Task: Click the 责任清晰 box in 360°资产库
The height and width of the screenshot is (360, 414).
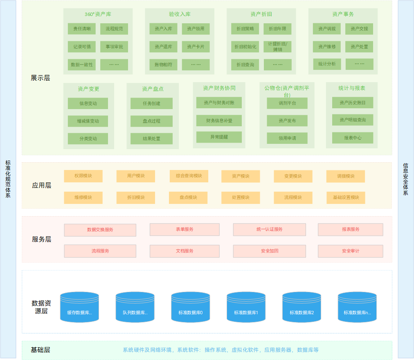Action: point(81,29)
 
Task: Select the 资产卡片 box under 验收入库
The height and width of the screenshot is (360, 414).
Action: point(196,47)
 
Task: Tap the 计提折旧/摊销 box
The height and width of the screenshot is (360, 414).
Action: point(277,47)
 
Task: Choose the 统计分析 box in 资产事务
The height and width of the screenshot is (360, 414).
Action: point(327,64)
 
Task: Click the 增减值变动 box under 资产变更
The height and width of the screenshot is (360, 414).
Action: point(88,121)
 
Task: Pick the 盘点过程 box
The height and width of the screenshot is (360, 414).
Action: point(151,121)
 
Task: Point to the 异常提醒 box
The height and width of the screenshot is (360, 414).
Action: point(219,137)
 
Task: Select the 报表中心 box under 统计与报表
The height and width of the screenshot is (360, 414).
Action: point(353,138)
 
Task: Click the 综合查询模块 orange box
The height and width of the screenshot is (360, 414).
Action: point(189,176)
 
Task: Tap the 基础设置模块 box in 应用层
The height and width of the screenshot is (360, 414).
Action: point(346,197)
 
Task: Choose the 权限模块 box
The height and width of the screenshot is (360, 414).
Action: point(83,176)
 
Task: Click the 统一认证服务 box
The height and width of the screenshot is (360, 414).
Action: point(270,230)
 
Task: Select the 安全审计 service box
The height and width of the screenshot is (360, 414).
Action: point(351,251)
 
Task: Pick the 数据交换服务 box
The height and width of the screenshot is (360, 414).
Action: point(100,230)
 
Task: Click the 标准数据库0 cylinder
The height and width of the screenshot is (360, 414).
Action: point(191,307)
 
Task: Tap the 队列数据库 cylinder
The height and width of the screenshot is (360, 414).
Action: point(135,307)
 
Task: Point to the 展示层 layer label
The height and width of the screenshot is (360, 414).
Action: point(40,78)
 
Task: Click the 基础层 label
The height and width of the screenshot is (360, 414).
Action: point(40,350)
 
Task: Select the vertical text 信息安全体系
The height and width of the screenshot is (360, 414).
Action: point(405,179)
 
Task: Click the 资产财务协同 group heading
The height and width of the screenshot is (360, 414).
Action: point(219,88)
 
